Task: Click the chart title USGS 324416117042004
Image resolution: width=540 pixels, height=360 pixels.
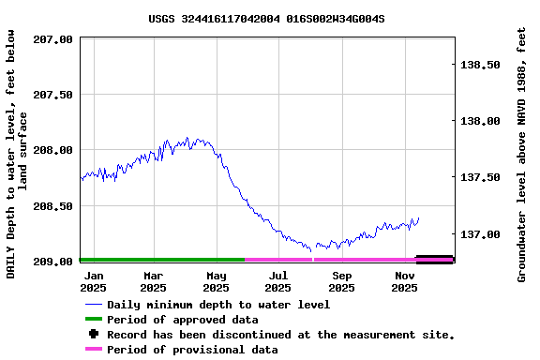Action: (266, 18)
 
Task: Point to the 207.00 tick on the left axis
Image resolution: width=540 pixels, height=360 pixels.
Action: (53, 39)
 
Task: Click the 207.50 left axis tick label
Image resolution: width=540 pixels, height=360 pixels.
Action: (53, 95)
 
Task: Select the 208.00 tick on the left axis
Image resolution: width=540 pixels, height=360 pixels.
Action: (53, 150)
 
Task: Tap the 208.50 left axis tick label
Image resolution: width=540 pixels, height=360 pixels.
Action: (53, 205)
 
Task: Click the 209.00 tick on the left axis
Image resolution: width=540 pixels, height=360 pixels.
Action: (53, 261)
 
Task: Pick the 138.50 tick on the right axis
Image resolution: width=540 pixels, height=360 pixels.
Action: (481, 65)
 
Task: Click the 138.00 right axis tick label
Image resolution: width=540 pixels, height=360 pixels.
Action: (481, 121)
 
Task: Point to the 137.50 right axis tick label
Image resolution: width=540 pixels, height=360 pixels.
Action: (481, 177)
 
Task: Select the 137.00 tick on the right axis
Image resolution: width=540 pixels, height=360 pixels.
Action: (481, 233)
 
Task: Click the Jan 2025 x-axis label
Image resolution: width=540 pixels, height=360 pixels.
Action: (94, 282)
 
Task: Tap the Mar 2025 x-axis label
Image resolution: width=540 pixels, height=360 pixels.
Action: (154, 282)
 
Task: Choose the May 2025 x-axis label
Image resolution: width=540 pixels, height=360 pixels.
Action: (217, 282)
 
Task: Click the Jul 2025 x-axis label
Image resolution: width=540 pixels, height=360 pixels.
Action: (278, 282)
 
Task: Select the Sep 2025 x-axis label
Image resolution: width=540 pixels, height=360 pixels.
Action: (342, 282)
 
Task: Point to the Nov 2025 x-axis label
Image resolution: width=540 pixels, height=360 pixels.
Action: (404, 282)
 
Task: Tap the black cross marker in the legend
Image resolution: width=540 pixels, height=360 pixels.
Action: (93, 335)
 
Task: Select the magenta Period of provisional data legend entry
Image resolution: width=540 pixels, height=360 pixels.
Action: (191, 350)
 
